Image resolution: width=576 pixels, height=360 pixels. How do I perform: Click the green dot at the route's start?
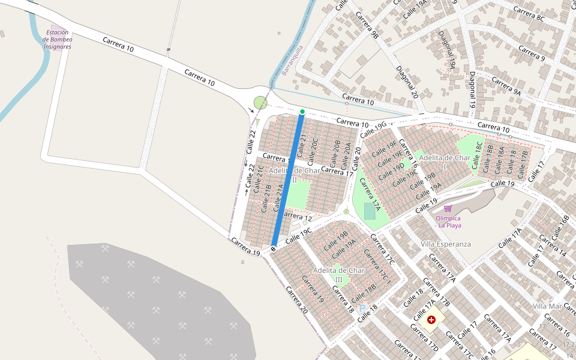(302, 112)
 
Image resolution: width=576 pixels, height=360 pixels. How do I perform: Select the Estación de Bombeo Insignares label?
(58, 40)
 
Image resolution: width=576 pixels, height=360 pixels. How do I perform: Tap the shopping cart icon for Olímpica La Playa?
(448, 208)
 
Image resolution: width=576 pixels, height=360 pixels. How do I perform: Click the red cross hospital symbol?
(431, 320)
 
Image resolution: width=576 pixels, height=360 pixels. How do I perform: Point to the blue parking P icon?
(362, 309)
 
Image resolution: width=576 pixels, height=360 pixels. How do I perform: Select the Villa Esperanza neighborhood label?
(446, 244)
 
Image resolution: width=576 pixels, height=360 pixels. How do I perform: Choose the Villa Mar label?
(547, 306)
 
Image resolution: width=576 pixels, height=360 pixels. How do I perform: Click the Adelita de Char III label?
(339, 275)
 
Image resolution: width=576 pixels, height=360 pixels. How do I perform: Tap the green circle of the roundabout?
(260, 103)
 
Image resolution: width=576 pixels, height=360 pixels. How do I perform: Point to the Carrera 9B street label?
(367, 26)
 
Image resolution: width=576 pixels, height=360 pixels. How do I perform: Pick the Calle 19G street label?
(375, 128)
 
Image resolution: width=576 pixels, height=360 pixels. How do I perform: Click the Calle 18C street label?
(478, 155)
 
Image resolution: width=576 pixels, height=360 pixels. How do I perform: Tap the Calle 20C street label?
(313, 152)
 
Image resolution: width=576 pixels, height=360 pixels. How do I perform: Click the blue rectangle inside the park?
(370, 211)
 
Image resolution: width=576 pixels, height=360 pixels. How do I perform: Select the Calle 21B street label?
(266, 198)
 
